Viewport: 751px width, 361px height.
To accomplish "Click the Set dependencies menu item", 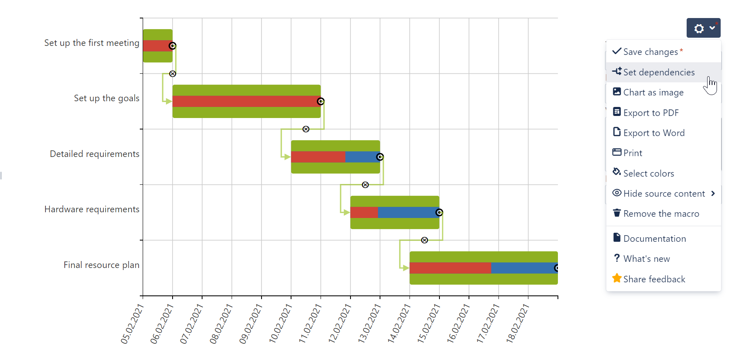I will [x=658, y=73].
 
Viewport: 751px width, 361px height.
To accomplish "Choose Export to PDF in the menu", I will [x=651, y=113].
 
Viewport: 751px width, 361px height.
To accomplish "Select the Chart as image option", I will [x=653, y=93].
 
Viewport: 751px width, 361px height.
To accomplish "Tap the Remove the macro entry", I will [x=661, y=214].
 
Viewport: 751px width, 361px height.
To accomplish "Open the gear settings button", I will [x=703, y=28].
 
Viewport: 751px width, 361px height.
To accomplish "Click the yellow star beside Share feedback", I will [x=617, y=279].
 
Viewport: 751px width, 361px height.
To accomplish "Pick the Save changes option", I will [x=650, y=52].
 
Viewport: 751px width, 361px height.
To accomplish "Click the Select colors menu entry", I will [x=648, y=174].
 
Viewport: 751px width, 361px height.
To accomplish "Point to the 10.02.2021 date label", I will [x=280, y=324].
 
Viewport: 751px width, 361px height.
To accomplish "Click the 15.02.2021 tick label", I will [x=429, y=324].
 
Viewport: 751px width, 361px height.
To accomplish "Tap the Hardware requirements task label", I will [x=92, y=209].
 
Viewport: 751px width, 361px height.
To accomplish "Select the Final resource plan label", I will [x=101, y=265].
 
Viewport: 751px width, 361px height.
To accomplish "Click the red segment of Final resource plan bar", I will [x=450, y=268].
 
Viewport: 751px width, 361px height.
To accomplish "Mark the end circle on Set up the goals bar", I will [x=321, y=101].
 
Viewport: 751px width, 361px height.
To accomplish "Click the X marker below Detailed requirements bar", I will [x=365, y=185].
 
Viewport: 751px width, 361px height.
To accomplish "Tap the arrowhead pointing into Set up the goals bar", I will [x=168, y=101].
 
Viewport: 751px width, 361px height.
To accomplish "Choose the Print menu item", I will [x=632, y=153].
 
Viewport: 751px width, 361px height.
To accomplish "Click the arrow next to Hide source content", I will [x=713, y=193].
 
